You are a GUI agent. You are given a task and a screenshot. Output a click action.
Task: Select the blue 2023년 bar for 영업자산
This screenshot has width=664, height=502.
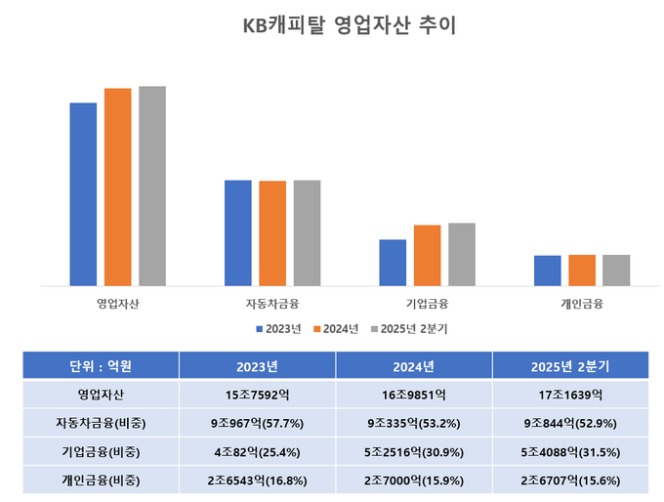pos(83,193)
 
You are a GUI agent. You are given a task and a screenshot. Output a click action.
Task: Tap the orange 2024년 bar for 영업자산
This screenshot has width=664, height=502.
pos(117,187)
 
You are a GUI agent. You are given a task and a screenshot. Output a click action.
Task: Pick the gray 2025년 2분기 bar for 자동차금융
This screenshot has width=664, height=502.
pos(307,232)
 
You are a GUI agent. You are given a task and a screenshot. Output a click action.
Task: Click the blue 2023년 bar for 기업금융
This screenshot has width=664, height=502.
pos(393,262)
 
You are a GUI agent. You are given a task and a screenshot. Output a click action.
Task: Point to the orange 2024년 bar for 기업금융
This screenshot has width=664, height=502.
pos(427,255)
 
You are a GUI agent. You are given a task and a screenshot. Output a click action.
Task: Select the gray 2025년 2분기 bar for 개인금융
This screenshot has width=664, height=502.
pos(616,270)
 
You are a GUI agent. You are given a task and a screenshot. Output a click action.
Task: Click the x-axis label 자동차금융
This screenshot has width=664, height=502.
pos(272,303)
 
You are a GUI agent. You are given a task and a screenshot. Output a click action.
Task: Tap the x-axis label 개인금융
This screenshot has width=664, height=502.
pos(582,303)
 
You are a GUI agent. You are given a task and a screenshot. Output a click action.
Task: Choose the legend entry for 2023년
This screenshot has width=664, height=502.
pos(277,328)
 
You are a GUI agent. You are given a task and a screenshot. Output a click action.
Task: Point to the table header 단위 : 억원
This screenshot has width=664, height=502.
pos(101,366)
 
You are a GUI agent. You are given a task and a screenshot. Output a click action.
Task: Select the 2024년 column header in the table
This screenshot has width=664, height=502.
pos(413,366)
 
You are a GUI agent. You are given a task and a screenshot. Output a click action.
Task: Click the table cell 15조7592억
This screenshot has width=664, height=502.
pos(257,396)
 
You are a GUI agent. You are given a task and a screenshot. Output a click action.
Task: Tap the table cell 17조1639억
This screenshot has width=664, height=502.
pos(570,396)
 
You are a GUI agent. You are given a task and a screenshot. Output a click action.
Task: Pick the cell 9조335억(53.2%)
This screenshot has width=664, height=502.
pos(413,424)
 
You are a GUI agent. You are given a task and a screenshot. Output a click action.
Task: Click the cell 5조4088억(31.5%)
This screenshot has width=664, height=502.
pos(570,452)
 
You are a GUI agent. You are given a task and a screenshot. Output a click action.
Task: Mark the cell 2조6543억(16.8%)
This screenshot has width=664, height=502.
pos(257,481)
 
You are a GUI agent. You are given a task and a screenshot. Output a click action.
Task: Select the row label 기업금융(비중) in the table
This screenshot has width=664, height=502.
pos(101,452)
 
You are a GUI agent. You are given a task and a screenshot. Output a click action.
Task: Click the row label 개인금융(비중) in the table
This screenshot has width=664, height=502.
pos(101,481)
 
